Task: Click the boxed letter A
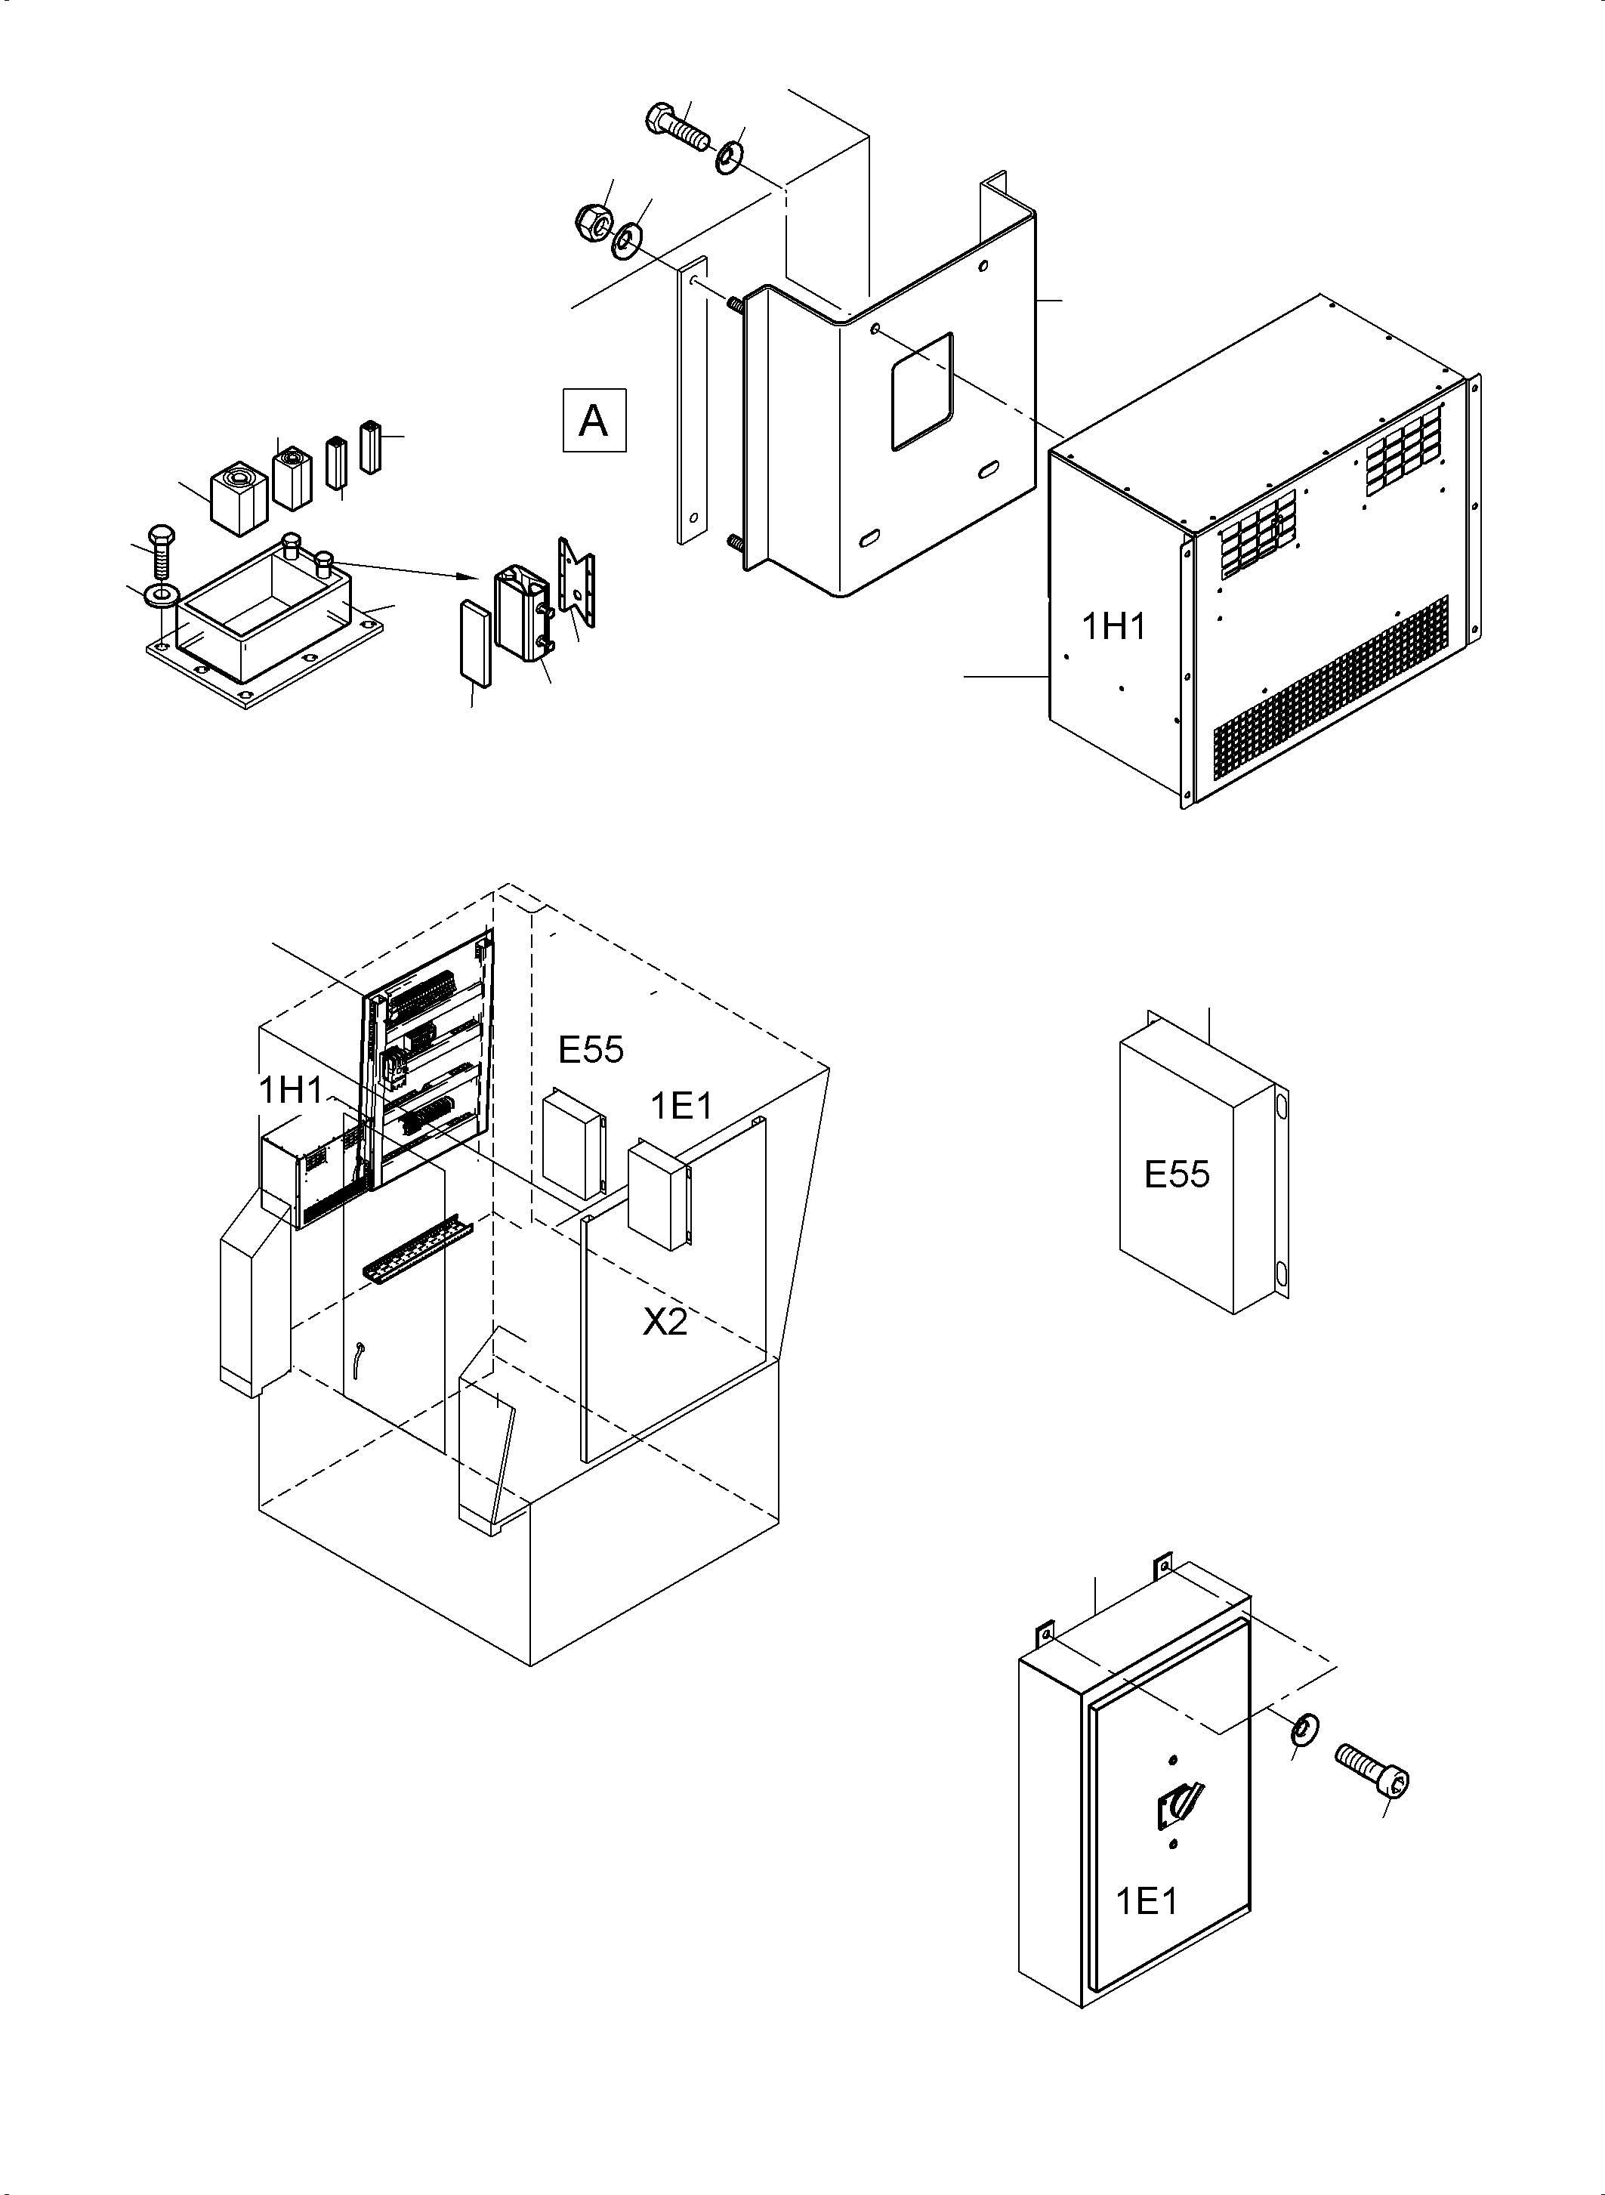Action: tap(594, 421)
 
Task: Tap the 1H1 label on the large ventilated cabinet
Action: tap(1113, 628)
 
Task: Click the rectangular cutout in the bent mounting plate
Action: tap(922, 391)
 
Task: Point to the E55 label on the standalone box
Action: tap(1177, 1174)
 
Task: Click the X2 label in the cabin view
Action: tap(665, 1322)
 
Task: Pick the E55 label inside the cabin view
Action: tap(591, 1049)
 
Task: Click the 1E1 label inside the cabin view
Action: tap(681, 1105)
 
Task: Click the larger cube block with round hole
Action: tap(238, 495)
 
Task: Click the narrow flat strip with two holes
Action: tap(691, 401)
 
